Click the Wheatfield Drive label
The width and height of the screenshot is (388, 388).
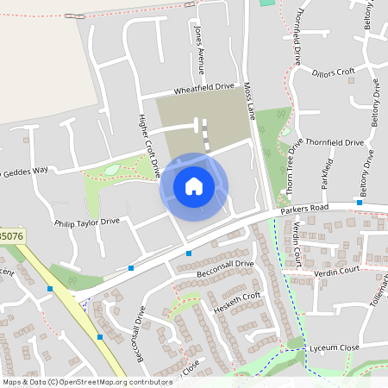(x=204, y=87)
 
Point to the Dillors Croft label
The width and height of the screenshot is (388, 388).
(x=334, y=72)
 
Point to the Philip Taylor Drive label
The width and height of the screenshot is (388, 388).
(x=86, y=222)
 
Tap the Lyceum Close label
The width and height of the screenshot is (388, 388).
(x=336, y=347)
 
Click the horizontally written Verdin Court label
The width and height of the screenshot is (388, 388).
(x=336, y=270)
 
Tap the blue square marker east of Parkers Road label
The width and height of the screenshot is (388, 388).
(x=359, y=203)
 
